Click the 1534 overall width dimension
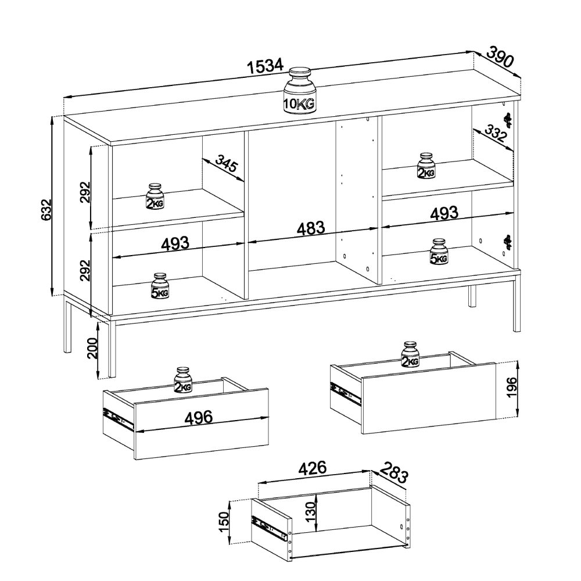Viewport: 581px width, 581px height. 266,67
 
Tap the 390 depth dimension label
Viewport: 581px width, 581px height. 500,57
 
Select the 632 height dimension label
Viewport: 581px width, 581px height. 45,210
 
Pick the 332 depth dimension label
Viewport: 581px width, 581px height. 494,134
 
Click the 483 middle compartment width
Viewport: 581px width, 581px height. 310,228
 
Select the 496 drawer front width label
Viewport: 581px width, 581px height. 199,417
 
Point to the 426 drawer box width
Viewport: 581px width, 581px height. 313,468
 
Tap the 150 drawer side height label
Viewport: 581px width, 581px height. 224,521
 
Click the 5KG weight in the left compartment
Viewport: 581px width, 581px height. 160,286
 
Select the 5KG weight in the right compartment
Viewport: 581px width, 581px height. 439,251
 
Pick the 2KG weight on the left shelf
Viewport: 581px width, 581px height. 155,196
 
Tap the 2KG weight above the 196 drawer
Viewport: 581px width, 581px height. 410,354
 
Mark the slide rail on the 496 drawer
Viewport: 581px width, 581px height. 118,419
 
